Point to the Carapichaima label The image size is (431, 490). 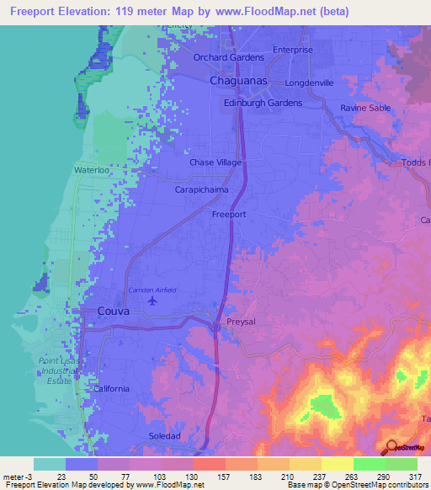pos(202,190)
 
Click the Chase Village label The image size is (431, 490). pos(215,162)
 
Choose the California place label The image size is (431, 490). pos(111,388)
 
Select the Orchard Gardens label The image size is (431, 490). pos(229,57)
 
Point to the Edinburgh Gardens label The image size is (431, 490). pos(262,103)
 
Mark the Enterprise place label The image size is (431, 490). pos(292,50)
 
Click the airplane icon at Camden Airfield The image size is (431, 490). pos(152,300)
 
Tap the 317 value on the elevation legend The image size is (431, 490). pos(414,477)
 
